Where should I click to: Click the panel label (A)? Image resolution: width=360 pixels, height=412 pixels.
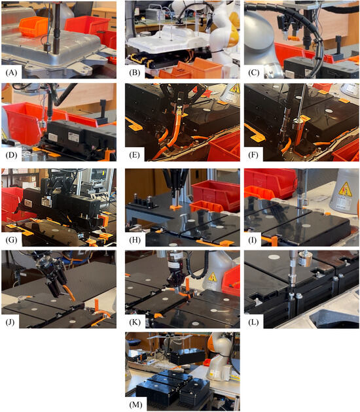click(x=11, y=73)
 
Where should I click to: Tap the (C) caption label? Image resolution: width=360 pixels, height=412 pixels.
click(x=254, y=73)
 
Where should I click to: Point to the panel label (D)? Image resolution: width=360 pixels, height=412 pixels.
click(x=11, y=155)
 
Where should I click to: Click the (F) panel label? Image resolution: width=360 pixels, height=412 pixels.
click(x=254, y=155)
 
